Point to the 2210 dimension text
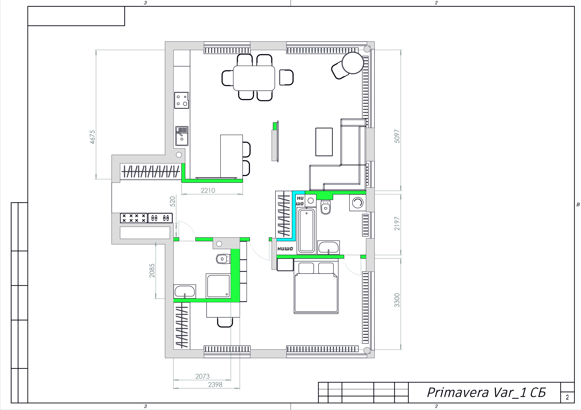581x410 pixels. pos(208,190)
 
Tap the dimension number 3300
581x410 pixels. pos(397,300)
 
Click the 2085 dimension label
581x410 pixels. pos(152,271)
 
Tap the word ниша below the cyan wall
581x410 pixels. pos(285,249)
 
